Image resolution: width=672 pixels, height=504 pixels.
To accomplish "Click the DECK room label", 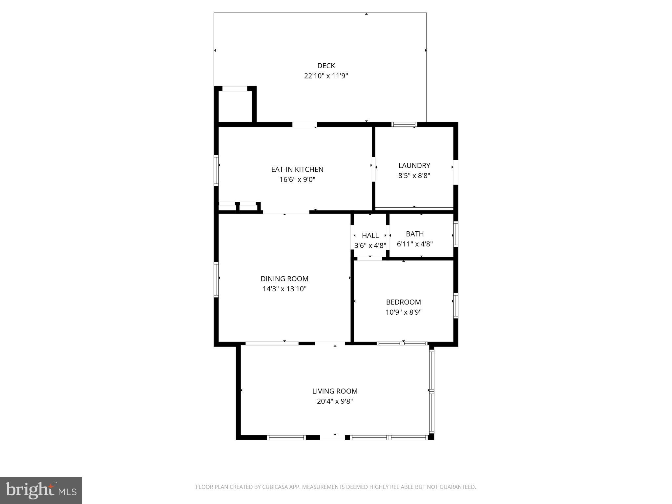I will pos(326,66).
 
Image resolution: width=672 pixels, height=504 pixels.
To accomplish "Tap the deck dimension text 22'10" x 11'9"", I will pos(326,76).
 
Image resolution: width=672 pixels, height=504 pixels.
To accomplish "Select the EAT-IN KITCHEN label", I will pos(297,169).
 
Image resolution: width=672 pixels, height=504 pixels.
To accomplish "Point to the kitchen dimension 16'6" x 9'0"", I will pos(297,179).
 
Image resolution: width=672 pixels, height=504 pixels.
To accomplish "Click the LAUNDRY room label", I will pos(414,165).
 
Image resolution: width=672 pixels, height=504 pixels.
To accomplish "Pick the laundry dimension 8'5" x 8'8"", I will pos(414,176).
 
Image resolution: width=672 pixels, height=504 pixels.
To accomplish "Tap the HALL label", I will pos(370,235).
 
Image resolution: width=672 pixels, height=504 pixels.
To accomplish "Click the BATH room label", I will pos(415,234).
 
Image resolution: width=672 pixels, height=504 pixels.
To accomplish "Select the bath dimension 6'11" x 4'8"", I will pos(415,244).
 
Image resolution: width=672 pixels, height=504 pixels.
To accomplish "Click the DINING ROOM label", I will pos(284,279).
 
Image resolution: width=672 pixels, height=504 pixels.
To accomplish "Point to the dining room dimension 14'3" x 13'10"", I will pos(284,289).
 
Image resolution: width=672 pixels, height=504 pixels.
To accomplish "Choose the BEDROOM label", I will pos(403,302).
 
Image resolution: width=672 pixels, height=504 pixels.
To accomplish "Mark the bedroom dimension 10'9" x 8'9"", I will pos(403,312).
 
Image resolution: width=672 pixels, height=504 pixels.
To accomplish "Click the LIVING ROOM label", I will pos(335,391).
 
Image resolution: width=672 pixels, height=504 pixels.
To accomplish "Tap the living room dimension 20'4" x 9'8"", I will pos(335,401).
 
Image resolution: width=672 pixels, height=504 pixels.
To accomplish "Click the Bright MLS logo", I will pos(41,490).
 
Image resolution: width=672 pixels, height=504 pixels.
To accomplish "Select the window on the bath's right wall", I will pos(456,234).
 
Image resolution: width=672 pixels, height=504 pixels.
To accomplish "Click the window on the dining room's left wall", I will pos(216,280).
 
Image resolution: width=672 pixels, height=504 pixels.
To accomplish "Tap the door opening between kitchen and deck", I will pos(304,124).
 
